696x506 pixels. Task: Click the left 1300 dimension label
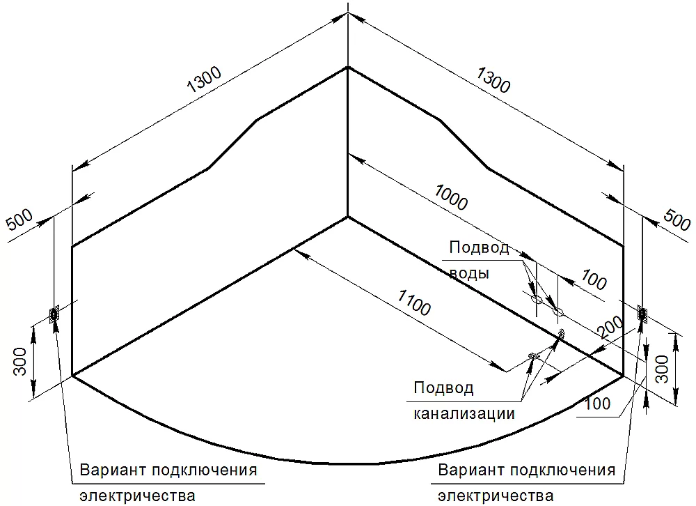click(204, 80)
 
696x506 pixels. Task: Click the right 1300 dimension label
click(493, 80)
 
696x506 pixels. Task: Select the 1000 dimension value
click(451, 198)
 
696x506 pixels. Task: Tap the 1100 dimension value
click(413, 302)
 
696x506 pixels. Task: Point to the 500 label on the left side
click(20, 220)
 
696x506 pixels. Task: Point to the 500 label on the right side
click(677, 219)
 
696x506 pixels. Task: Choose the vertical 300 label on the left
click(20, 361)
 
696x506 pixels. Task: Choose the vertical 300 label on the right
click(662, 369)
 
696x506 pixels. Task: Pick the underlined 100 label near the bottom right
click(597, 404)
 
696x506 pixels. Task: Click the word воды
click(469, 273)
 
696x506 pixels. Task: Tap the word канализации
click(464, 413)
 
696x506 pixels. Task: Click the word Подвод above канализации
click(443, 388)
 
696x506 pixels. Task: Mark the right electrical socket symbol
click(642, 314)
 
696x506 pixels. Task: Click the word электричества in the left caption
click(138, 496)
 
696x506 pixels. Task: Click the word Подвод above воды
click(479, 247)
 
